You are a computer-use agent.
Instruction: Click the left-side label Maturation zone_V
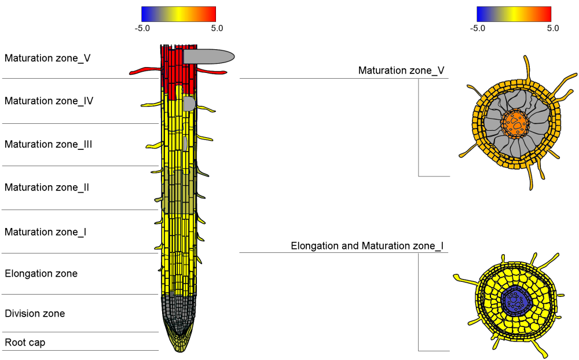pyautogui.click(x=47, y=58)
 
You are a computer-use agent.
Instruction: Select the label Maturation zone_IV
pyautogui.click(x=49, y=101)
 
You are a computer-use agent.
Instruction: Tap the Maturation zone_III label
pyautogui.click(x=49, y=144)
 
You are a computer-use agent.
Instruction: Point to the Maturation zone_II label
pyautogui.click(x=47, y=188)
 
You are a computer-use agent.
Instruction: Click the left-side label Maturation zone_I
pyautogui.click(x=46, y=232)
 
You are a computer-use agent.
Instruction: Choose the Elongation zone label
pyautogui.click(x=41, y=273)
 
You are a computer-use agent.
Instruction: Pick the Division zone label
pyautogui.click(x=35, y=314)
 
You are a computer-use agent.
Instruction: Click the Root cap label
pyautogui.click(x=25, y=343)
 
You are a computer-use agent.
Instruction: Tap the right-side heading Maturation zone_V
pyautogui.click(x=401, y=71)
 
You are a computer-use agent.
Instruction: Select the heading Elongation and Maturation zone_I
pyautogui.click(x=367, y=246)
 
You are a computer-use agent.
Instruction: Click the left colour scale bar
pyautogui.click(x=178, y=14)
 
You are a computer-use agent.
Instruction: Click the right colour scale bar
pyautogui.click(x=514, y=14)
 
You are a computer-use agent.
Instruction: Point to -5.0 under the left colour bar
pyautogui.click(x=142, y=28)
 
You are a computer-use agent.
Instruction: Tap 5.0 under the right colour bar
pyautogui.click(x=553, y=28)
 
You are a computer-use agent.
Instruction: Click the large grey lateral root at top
pyautogui.click(x=208, y=56)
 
